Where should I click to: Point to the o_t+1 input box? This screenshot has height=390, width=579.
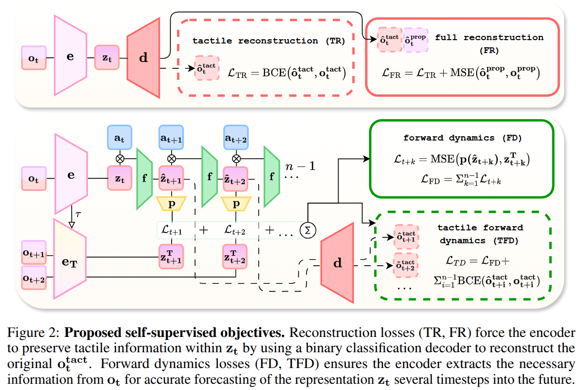33,253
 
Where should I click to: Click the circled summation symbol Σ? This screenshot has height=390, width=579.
308,230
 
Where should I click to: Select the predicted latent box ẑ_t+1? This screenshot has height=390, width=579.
171,179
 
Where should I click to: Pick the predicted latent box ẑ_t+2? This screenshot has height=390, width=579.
236,179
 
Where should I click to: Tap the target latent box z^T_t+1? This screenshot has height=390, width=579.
171,257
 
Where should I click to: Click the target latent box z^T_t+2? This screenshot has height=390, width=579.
236,257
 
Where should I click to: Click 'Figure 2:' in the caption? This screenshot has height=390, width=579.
36,332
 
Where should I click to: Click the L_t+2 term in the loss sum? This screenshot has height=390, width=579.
235,230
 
